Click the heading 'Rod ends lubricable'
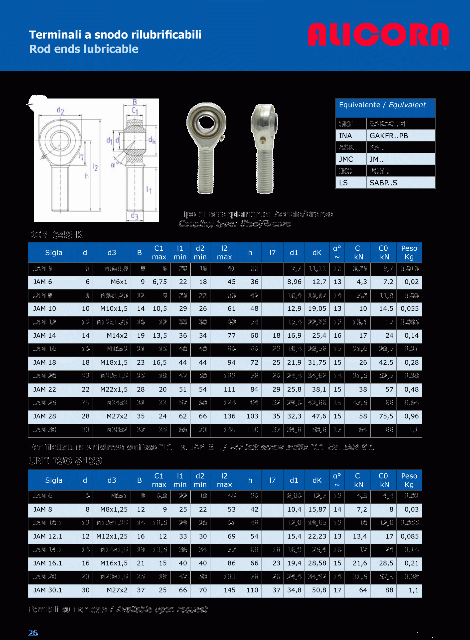[84, 49]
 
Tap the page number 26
[33, 633]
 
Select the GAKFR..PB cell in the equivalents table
[389, 136]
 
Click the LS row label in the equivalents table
[343, 183]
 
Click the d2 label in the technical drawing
[60, 110]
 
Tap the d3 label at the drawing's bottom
[134, 216]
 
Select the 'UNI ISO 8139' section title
[65, 460]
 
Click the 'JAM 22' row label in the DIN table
[45, 389]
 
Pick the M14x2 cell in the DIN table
[117, 335]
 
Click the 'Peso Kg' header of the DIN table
[409, 252]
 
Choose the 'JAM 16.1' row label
[47, 563]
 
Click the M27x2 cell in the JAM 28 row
[117, 416]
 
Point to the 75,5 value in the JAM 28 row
[386, 416]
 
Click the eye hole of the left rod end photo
[206, 123]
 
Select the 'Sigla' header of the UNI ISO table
[53, 480]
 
